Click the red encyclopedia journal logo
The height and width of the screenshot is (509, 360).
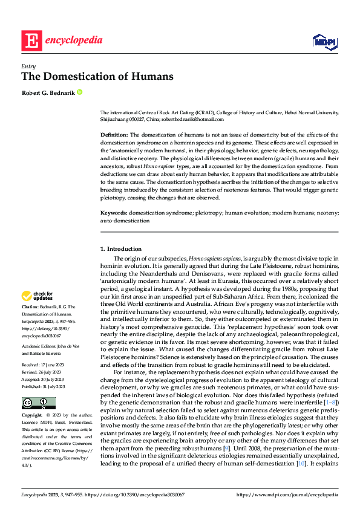pos(62,41)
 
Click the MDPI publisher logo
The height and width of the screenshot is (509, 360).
pos(324,41)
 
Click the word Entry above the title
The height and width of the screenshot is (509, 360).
pos(28,66)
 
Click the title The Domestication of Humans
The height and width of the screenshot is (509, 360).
pos(97,77)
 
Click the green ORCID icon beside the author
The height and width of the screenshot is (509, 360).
pos(79,92)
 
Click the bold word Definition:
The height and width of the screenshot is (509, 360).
pos(113,135)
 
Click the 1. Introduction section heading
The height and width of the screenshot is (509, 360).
pos(121,248)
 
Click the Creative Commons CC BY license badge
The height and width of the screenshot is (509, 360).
pos(38,403)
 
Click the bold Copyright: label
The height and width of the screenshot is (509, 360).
pos(33,417)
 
